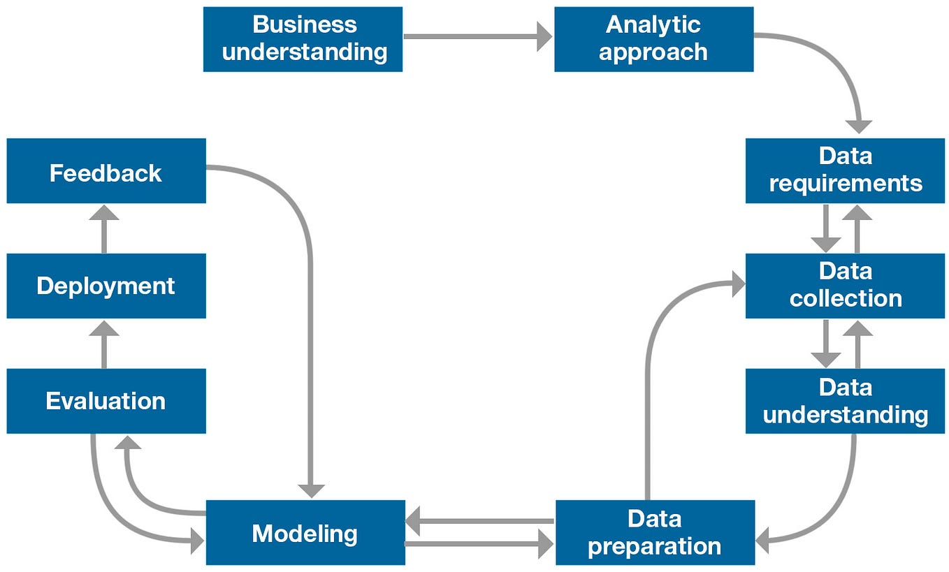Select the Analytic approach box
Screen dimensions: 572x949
653,38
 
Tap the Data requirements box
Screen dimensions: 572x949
845,170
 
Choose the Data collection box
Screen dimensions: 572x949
845,285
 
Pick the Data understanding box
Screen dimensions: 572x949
845,401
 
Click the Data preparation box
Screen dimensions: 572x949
655,532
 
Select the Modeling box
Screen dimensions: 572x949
305,533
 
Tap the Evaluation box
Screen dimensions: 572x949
106,401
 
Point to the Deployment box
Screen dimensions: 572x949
106,286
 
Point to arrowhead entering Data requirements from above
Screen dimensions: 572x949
859,126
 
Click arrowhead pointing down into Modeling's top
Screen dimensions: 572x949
311,490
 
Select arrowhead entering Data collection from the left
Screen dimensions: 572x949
737,284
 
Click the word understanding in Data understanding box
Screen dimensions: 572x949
845,415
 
